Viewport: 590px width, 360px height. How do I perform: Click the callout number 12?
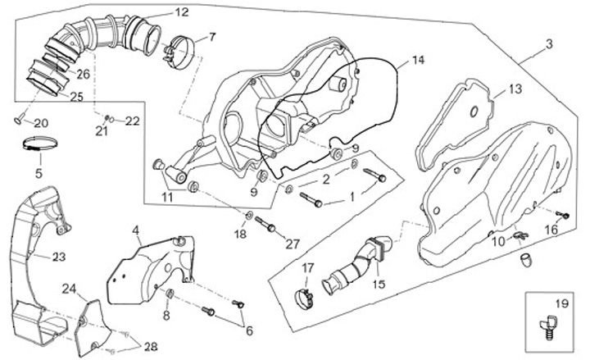pyautogui.click(x=181, y=12)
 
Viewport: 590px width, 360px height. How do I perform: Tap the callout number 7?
pyautogui.click(x=211, y=37)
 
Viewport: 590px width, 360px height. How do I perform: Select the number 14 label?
pyautogui.click(x=418, y=61)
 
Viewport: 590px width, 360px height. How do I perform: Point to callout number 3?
pyautogui.click(x=549, y=43)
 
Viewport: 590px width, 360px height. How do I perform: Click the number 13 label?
pyautogui.click(x=515, y=89)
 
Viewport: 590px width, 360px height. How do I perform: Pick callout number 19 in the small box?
pyautogui.click(x=560, y=303)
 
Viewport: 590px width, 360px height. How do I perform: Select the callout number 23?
pyautogui.click(x=58, y=257)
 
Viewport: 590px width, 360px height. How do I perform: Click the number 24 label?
pyautogui.click(x=70, y=288)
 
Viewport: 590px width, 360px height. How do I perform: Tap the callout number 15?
pyautogui.click(x=378, y=284)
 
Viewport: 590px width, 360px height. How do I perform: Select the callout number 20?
pyautogui.click(x=41, y=123)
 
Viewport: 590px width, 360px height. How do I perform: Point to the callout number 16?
pyautogui.click(x=551, y=232)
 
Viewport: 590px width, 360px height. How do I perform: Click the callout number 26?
pyautogui.click(x=83, y=75)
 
